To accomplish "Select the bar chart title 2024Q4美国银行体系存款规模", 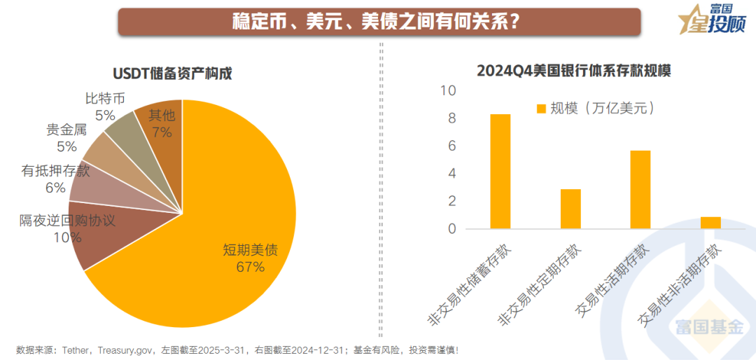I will pos(573,71).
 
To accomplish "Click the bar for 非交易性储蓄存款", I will pos(500,172).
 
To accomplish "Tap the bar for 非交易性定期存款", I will pos(570,209).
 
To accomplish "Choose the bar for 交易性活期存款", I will pos(640,190).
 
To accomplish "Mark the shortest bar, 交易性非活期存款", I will pos(710,223).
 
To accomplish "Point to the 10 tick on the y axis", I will pos(448,91).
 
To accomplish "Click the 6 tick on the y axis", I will pos(451,146).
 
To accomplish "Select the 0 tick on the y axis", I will pos(451,229).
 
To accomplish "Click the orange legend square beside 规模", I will pos(540,109).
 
